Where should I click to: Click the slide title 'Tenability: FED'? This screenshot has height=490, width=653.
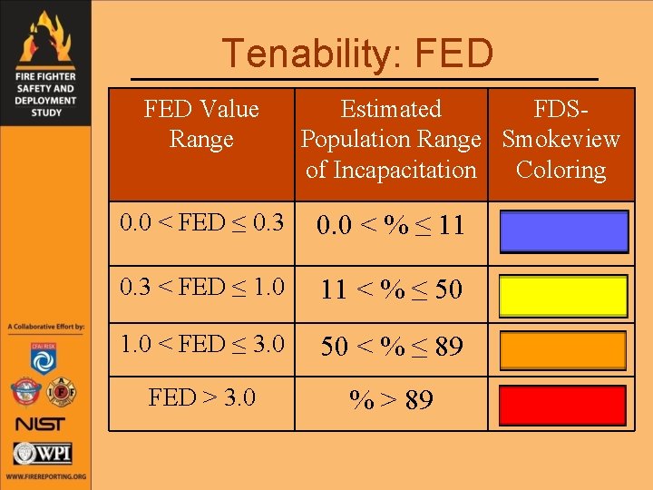click(357, 54)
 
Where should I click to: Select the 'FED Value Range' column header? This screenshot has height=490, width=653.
click(201, 124)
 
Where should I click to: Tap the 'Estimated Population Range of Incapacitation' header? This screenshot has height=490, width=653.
click(391, 140)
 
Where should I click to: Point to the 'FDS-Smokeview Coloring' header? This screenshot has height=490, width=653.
click(560, 140)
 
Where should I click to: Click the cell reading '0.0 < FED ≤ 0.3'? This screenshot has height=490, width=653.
click(201, 222)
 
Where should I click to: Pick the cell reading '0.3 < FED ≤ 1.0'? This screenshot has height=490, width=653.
click(201, 288)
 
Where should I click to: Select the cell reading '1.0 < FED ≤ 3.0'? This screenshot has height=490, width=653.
click(201, 344)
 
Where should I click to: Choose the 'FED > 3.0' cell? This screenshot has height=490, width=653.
click(201, 397)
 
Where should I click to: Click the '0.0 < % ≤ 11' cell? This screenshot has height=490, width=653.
click(391, 224)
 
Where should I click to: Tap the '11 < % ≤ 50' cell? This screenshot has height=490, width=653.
click(391, 289)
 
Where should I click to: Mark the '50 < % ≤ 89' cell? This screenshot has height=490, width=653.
click(391, 346)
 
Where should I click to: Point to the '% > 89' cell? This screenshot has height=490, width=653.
click(391, 399)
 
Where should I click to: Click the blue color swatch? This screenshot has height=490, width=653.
click(563, 231)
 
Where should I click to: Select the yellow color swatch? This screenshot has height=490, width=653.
click(563, 296)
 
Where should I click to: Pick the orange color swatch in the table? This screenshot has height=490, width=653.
click(563, 350)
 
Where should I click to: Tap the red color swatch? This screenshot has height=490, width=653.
click(563, 405)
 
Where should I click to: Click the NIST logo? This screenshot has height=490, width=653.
click(42, 424)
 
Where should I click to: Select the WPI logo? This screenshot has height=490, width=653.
click(43, 453)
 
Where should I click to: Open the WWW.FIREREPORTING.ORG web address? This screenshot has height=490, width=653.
click(45, 476)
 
